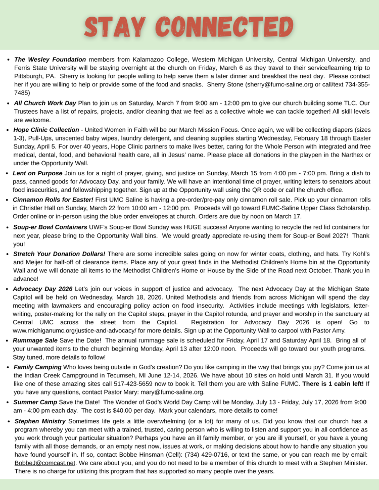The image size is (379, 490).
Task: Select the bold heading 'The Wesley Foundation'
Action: [50, 59]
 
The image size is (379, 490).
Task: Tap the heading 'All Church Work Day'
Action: [45, 103]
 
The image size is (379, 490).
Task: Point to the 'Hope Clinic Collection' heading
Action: [46, 130]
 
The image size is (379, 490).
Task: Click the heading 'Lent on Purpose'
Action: [37, 173]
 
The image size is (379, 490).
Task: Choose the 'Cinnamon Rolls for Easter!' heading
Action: [53, 200]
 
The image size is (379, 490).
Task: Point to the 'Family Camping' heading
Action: [38, 367]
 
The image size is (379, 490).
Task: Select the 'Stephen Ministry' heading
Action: [40, 421]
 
